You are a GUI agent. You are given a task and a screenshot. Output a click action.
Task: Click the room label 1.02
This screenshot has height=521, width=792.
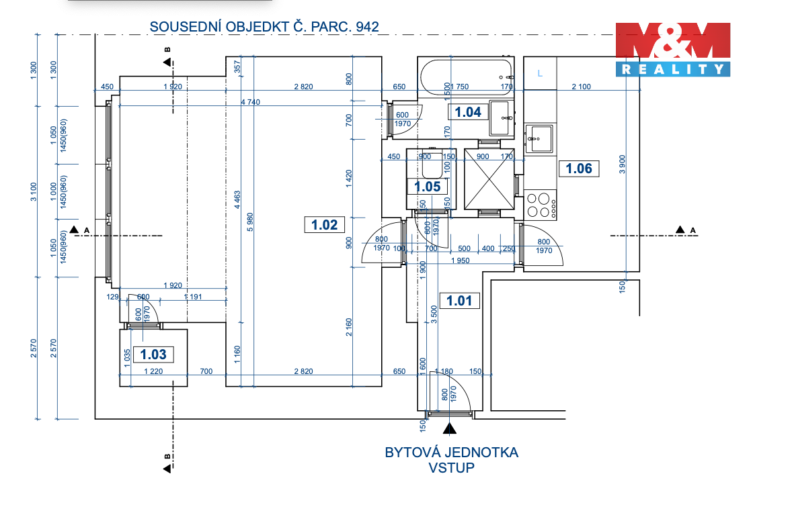[324, 224]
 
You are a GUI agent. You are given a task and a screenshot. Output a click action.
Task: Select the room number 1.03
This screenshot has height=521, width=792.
[153, 354]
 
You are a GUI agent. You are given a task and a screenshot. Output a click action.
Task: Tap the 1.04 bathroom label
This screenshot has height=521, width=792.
[468, 112]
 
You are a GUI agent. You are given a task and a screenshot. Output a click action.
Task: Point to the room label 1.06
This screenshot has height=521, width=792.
[578, 169]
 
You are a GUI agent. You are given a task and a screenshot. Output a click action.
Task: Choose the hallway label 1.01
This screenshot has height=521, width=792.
[459, 300]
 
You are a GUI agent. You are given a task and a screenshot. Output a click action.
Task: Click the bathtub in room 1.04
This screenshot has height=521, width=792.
[465, 75]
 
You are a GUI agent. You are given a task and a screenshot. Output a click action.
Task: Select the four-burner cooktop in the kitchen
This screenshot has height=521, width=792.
[541, 204]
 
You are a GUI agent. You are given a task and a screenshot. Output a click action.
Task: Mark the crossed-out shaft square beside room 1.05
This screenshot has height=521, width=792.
[489, 179]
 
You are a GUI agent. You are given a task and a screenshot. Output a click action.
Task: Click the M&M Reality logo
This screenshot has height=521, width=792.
[673, 49]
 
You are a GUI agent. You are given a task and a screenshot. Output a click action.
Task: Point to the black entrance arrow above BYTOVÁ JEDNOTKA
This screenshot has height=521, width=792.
[449, 427]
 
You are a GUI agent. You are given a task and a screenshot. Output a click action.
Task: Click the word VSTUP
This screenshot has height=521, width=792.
[451, 468]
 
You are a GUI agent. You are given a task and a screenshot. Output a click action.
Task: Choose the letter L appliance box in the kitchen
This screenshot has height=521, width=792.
[540, 73]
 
